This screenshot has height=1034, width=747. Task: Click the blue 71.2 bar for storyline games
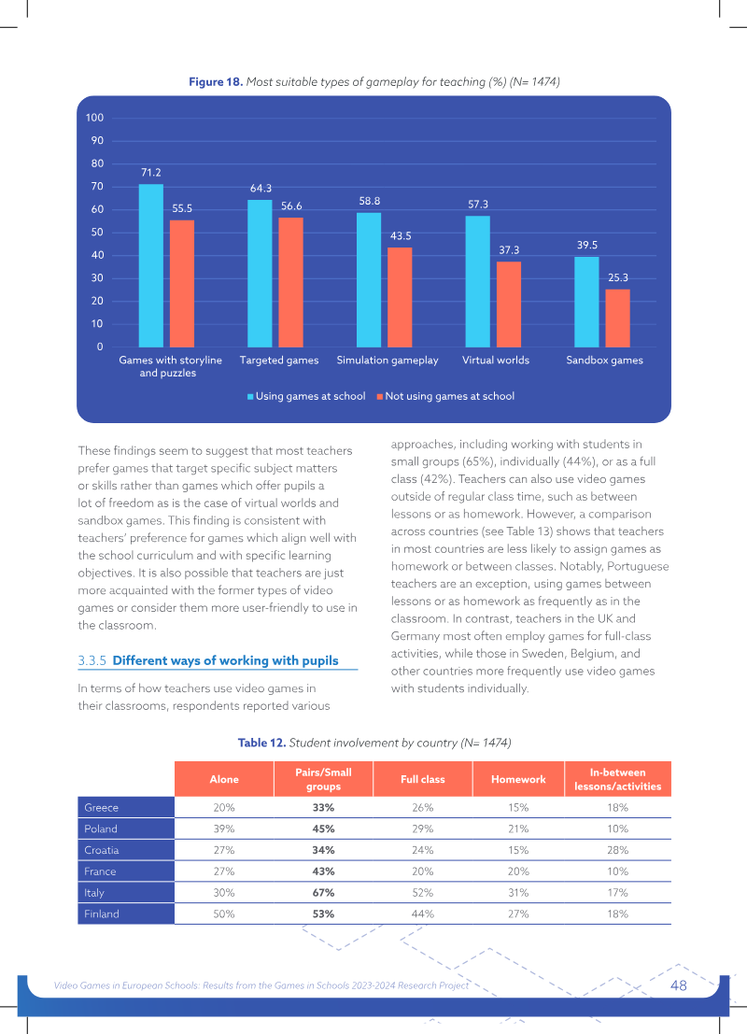(151, 266)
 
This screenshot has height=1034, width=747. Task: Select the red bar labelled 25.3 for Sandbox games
(618, 319)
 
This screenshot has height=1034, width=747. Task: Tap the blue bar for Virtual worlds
(477, 281)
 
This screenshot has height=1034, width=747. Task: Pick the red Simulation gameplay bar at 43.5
(400, 297)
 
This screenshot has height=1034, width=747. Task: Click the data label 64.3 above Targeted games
(261, 189)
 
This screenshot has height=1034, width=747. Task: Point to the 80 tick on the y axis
(98, 163)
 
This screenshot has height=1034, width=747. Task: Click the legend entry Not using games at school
(445, 396)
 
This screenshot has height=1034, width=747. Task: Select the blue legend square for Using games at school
(250, 397)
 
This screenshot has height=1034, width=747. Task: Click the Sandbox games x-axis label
(604, 360)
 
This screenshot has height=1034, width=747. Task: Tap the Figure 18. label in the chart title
(217, 82)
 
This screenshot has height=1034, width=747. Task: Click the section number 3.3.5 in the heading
(92, 660)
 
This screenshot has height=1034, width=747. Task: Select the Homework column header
(518, 779)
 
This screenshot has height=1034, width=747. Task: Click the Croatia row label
(102, 850)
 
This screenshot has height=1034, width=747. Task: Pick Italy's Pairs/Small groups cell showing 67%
(323, 892)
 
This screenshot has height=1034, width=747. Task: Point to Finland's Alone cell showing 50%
(224, 914)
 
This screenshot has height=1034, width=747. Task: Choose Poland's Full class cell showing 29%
(423, 829)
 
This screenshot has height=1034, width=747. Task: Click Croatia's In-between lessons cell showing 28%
(618, 850)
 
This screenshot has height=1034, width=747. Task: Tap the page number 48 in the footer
(679, 985)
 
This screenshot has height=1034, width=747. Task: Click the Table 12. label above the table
(261, 743)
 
